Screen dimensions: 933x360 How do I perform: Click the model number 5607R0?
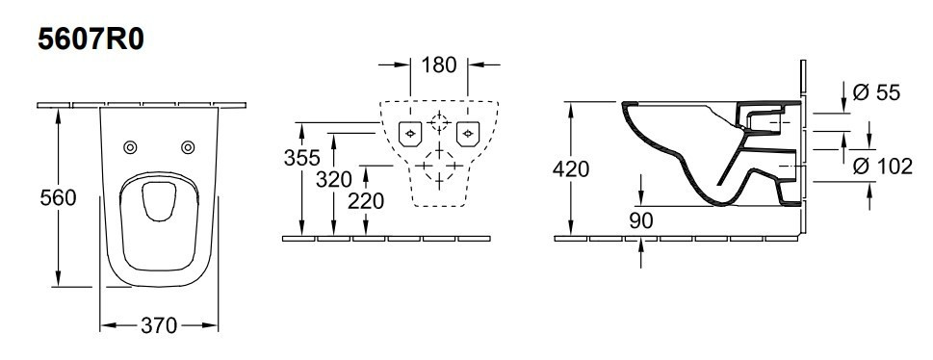91,39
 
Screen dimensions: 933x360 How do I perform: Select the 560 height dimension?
59,197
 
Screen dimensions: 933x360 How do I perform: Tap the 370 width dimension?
159,325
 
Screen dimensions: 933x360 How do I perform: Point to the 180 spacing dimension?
439,64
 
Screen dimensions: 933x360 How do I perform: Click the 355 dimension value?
301,158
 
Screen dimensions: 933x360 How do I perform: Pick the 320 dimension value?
334,179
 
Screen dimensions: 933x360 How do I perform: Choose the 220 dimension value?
366,201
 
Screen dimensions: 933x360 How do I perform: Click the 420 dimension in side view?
571,169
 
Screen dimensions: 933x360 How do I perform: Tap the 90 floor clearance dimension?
641,220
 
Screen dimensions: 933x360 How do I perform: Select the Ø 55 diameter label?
876,92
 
